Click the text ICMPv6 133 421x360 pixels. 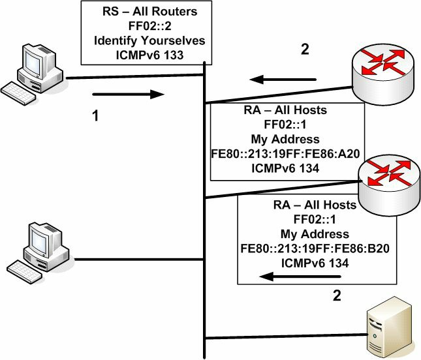tap(150, 55)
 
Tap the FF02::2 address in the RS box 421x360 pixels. tap(150, 26)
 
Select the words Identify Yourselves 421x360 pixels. tap(149, 41)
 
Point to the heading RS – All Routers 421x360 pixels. tap(150, 12)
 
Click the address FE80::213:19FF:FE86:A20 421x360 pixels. tap(285, 154)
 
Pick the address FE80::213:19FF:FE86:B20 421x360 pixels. tap(315, 248)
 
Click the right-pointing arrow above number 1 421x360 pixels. tap(128, 94)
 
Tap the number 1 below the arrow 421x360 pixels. tap(95, 116)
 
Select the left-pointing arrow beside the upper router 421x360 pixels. tap(283, 80)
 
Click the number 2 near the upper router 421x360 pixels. tap(305, 50)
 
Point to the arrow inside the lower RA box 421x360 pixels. tap(300, 277)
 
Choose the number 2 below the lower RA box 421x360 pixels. tap(337, 295)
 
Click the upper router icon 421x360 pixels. tap(383, 74)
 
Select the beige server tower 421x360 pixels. tap(389, 327)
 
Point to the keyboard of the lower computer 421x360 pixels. tap(24, 271)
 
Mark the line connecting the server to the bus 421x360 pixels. tap(287, 337)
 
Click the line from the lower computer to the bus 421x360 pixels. tap(139, 260)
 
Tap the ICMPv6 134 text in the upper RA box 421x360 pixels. tap(285, 168)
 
